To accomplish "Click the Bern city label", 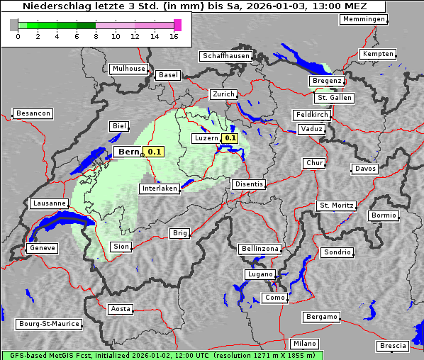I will point(128,152).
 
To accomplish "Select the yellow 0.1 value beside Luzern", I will point(230,138).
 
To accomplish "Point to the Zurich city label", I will point(223,94).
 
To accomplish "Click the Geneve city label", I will point(41,248).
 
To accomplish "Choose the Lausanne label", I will point(49,203).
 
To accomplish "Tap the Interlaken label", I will point(159,189).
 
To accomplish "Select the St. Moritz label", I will point(336,206).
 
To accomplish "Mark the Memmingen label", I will point(364,19).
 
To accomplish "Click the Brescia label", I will point(393,346).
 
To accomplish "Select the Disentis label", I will point(249,184).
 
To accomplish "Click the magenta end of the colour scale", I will point(177,25).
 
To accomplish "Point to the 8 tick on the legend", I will point(96,36).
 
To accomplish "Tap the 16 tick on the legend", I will point(174,36).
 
